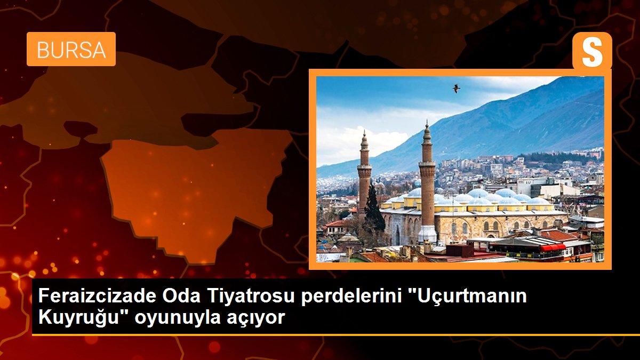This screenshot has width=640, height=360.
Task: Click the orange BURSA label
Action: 71,49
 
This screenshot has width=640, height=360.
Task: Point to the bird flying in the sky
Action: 456,88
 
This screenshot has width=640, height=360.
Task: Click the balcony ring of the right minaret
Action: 427,163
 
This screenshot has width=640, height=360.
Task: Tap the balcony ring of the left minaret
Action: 365,169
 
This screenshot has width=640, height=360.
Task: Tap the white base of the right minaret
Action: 427,234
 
